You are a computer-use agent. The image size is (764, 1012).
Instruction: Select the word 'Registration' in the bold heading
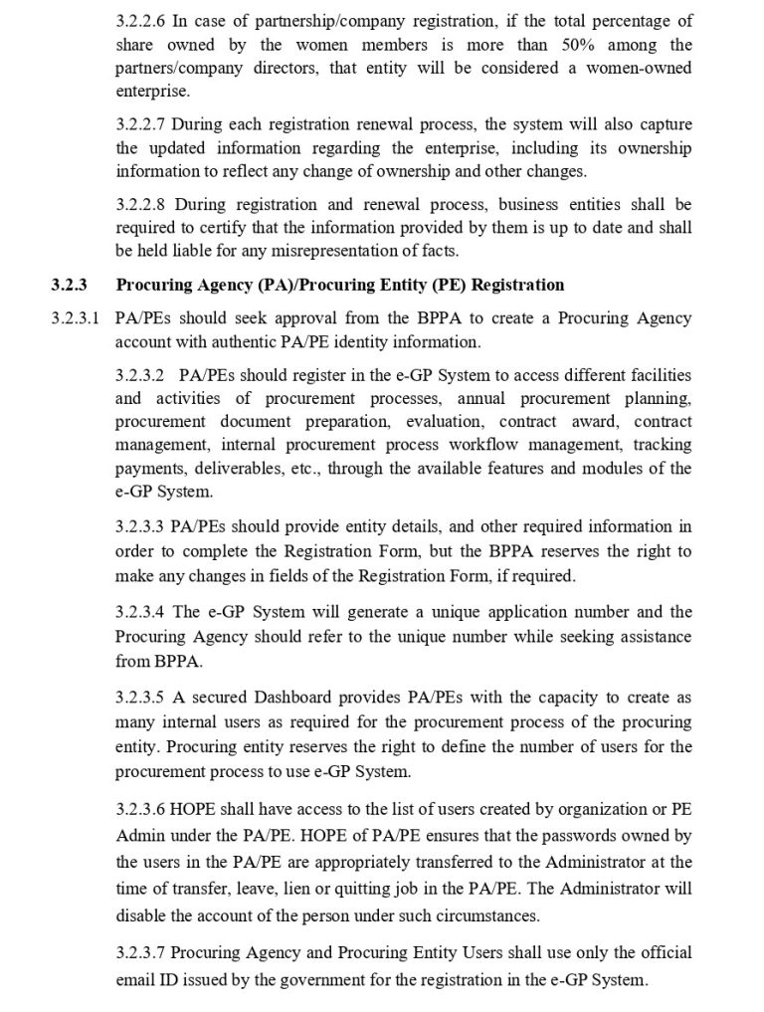(x=516, y=286)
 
